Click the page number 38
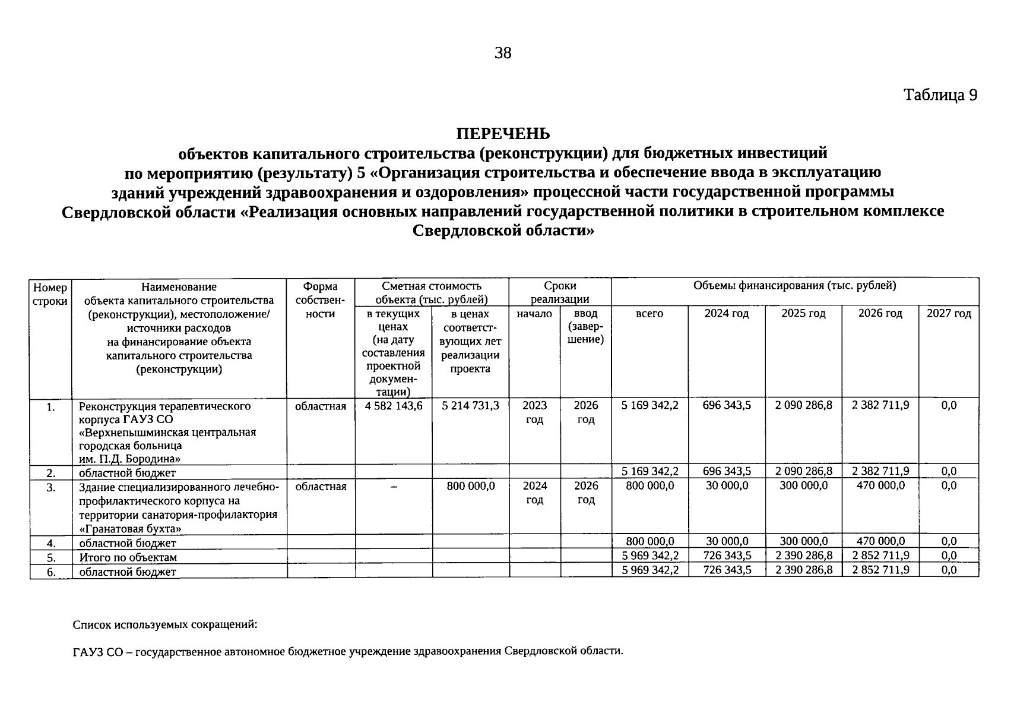502,53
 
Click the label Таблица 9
940,95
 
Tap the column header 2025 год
803,313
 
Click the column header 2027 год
948,313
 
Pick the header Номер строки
50,294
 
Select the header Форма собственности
320,300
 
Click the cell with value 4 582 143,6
392,405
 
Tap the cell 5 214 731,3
470,405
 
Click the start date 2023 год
534,412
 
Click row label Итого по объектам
128,557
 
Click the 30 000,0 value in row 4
727,541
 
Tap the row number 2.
51,473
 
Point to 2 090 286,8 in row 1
803,405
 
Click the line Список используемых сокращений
165,625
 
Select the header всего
649,313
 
